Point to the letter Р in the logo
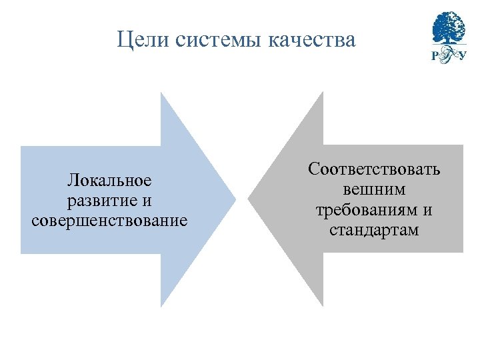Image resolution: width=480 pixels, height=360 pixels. pyautogui.click(x=436, y=56)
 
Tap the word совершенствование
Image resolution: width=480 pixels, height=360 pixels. pyautogui.click(x=109, y=219)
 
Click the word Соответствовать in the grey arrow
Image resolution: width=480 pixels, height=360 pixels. pyautogui.click(x=374, y=169)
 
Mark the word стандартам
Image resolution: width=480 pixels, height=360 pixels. pyautogui.click(x=374, y=231)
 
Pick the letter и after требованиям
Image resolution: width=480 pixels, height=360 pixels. pyautogui.click(x=427, y=210)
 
